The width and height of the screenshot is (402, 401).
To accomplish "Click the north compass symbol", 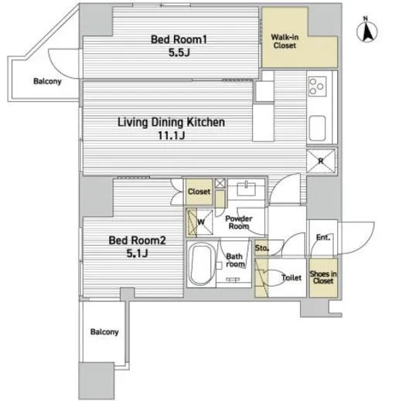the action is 367,30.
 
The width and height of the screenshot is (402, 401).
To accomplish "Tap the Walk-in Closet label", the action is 284,41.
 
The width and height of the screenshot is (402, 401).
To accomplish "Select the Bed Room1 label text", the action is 179,39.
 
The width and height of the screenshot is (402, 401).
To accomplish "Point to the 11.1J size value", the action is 172,135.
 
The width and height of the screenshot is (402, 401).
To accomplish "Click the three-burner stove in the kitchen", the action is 317,87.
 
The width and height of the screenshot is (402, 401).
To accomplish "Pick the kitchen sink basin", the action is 317,128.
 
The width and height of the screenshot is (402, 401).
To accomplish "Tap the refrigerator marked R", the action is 321,161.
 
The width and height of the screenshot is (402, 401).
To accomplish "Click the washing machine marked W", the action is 200,222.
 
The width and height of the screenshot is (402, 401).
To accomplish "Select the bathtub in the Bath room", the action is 201,264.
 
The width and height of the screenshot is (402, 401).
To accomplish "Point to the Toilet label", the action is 291,277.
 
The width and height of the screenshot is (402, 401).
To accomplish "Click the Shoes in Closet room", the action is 323,277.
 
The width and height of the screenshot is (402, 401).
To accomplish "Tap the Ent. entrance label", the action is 323,237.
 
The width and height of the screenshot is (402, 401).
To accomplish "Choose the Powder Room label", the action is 239,223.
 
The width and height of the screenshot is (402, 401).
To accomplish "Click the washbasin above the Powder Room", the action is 247,189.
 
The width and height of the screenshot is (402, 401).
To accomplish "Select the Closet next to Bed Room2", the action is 199,192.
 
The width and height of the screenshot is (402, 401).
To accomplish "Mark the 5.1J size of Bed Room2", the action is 137,253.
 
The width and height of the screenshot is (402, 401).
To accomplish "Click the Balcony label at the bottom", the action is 104,331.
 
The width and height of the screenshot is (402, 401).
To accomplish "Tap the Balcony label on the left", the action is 47,81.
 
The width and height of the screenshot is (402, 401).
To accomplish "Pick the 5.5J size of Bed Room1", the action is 179,53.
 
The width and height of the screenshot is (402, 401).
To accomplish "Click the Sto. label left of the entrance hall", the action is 262,248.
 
